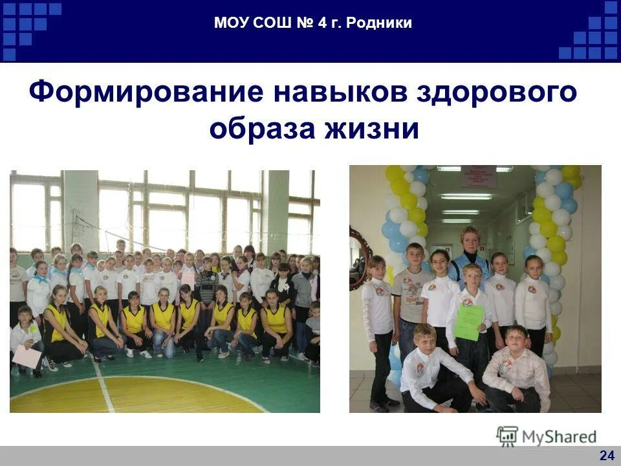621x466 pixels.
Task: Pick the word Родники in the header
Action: pos(379,24)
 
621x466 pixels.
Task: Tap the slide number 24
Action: pos(606,456)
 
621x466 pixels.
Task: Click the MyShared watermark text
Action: pos(559,437)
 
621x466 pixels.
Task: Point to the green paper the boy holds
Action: pos(469,322)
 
